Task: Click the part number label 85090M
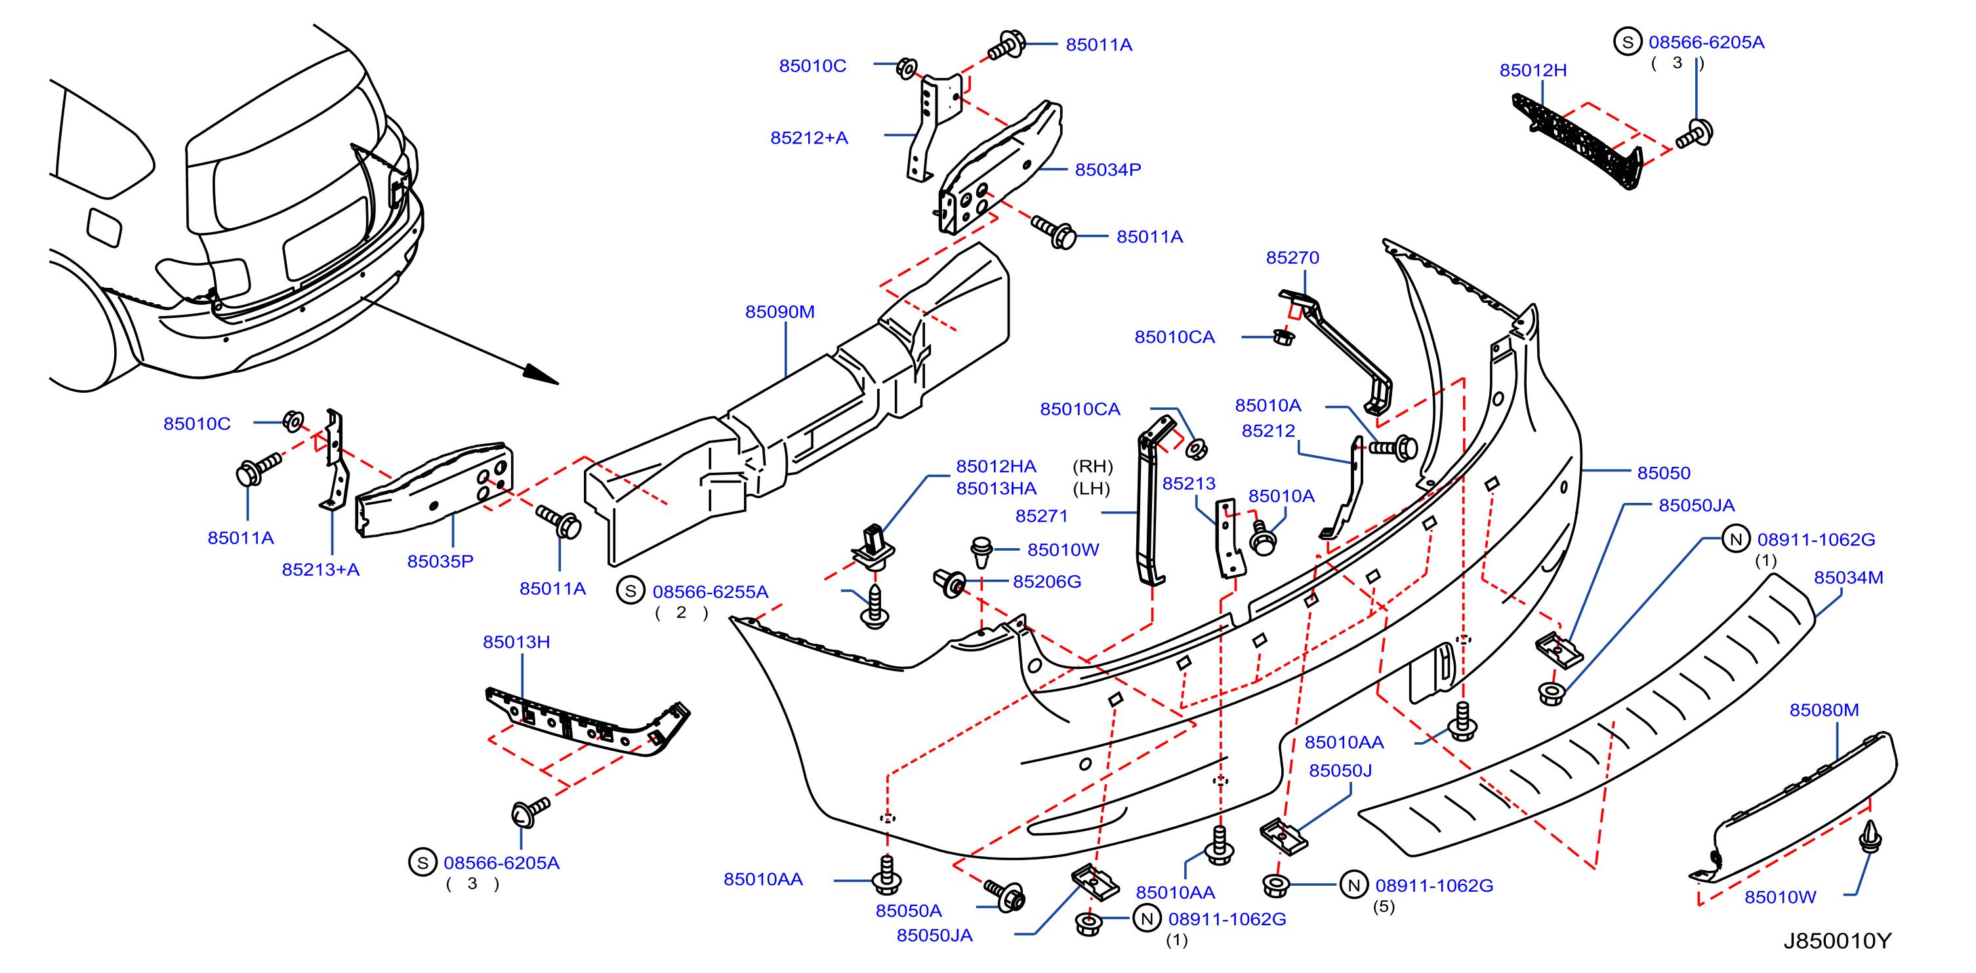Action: [779, 312]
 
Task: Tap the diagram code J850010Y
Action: [1837, 941]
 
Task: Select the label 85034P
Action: [1107, 169]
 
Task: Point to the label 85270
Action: [1292, 258]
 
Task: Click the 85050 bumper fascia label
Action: [1663, 473]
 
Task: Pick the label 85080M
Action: [1823, 710]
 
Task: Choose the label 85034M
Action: [1848, 578]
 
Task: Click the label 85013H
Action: [516, 642]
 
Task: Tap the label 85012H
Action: [1533, 71]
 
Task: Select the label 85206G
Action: [1047, 582]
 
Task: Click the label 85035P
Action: [440, 561]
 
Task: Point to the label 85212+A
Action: [810, 138]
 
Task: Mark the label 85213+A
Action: [321, 570]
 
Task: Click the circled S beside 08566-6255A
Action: [630, 591]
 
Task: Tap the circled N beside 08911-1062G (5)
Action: [1354, 885]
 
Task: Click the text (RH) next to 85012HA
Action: [1092, 466]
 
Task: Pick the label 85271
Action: [1041, 516]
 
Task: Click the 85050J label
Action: [1340, 770]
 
